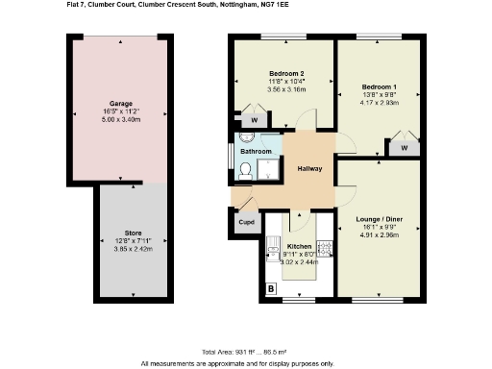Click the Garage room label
point(120,102)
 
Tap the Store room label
point(120,234)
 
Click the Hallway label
point(308,169)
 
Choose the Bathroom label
point(256,152)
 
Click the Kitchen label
point(300,247)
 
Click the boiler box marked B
point(271,288)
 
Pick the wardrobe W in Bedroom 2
point(254,120)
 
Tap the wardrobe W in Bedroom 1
point(404,148)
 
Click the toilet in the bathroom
point(245,172)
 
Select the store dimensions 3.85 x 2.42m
point(120,249)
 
